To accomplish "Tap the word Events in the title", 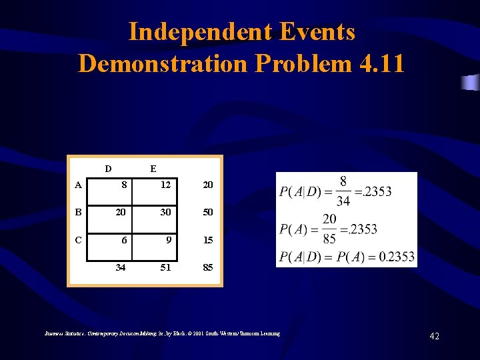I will pyautogui.click(x=317, y=31).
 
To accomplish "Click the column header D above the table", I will pyautogui.click(x=107, y=169).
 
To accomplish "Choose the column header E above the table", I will pyautogui.click(x=153, y=169).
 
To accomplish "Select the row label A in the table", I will pyautogui.click(x=79, y=185).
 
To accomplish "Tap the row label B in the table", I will pyautogui.click(x=79, y=212).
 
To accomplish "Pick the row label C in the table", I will pyautogui.click(x=79, y=239).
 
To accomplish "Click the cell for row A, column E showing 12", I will pyautogui.click(x=165, y=185).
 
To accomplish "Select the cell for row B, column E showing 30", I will pyautogui.click(x=165, y=212).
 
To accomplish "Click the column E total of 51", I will pyautogui.click(x=165, y=268).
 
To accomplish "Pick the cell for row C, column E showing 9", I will pyautogui.click(x=169, y=240).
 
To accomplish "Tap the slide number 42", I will pyautogui.click(x=434, y=337).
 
